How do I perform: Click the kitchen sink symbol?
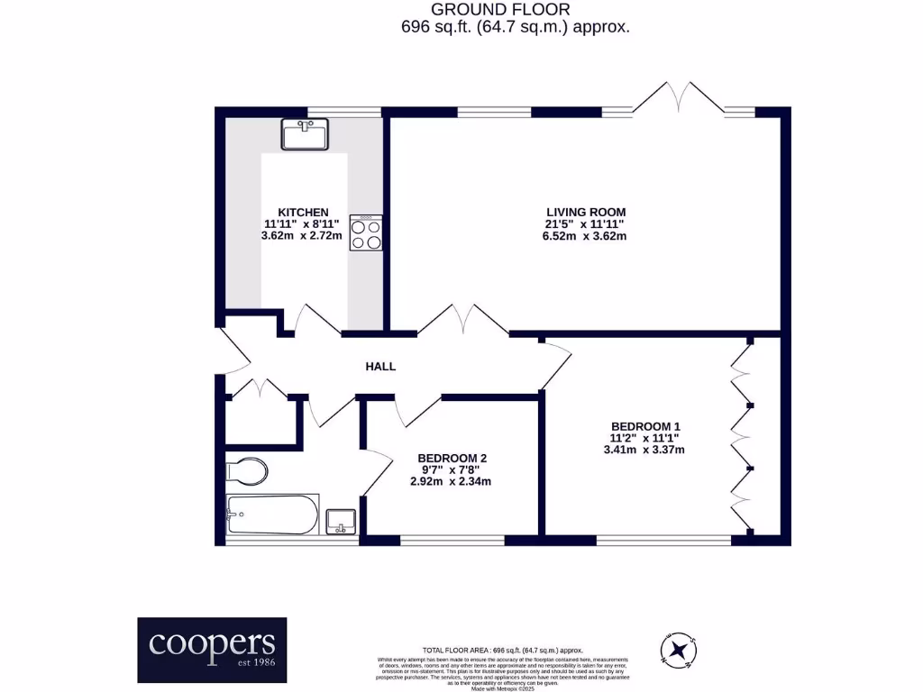pos(306,135)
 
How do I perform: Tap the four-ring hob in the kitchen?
pos(366,232)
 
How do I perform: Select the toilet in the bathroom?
pos(246,470)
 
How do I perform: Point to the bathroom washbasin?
pos(343,522)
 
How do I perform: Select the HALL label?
pos(380,367)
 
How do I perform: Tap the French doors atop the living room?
pos(678,98)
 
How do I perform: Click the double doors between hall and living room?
pos(463,320)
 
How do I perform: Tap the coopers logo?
pos(212,650)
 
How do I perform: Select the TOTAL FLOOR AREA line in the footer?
pos(503,650)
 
